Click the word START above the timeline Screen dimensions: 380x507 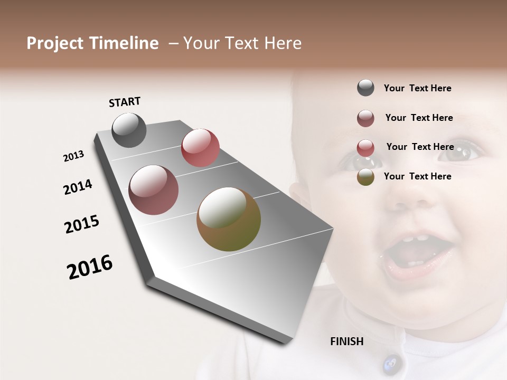(x=125, y=102)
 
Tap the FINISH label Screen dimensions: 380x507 (x=347, y=341)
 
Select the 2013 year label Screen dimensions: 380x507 (x=73, y=156)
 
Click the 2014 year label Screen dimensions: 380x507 (x=78, y=187)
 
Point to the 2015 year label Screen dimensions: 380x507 (x=81, y=224)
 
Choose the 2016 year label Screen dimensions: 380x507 (x=90, y=267)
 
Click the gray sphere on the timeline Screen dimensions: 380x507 (x=129, y=130)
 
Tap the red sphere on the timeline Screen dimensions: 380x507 (x=200, y=148)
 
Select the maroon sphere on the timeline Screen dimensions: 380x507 (x=153, y=190)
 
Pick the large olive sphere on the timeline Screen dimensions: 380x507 (x=229, y=219)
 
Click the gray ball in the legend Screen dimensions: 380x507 (x=365, y=88)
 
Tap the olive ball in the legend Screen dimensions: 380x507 (x=365, y=177)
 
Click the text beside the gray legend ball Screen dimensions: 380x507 (x=417, y=88)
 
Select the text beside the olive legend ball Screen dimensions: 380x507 (x=417, y=176)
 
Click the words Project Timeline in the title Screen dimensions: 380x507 (x=92, y=43)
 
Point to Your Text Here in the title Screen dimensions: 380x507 (x=242, y=43)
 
